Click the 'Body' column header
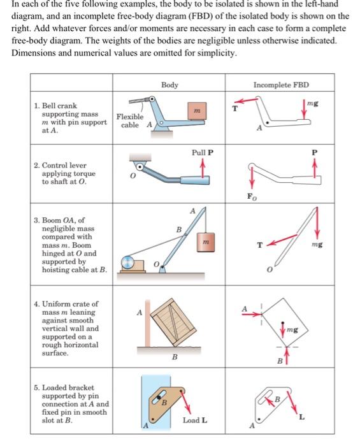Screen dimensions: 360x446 (x=169, y=85)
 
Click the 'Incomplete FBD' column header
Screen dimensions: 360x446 (x=281, y=85)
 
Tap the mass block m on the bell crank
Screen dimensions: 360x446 (x=197, y=111)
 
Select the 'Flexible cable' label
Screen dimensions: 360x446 (x=130, y=120)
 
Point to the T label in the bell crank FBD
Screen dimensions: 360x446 (x=235, y=108)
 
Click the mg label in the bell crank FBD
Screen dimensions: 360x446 (x=313, y=103)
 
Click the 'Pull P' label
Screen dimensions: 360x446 (x=203, y=152)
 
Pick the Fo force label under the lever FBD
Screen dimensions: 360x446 (x=252, y=196)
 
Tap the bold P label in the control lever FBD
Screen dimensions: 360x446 (x=314, y=152)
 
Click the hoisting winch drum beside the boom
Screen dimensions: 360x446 (x=127, y=263)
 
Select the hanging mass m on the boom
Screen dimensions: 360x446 (x=206, y=242)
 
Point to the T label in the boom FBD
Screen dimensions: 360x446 (x=259, y=245)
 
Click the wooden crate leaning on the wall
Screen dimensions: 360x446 (x=173, y=322)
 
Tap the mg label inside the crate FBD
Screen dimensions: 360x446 (x=292, y=329)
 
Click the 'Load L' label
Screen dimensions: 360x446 (x=195, y=420)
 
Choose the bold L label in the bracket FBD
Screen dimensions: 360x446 (x=302, y=417)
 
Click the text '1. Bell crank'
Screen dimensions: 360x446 (x=55, y=106)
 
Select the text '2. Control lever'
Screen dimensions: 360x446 (x=60, y=165)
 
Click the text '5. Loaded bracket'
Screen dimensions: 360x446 (x=64, y=387)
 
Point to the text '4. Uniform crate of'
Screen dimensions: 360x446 (x=66, y=304)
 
